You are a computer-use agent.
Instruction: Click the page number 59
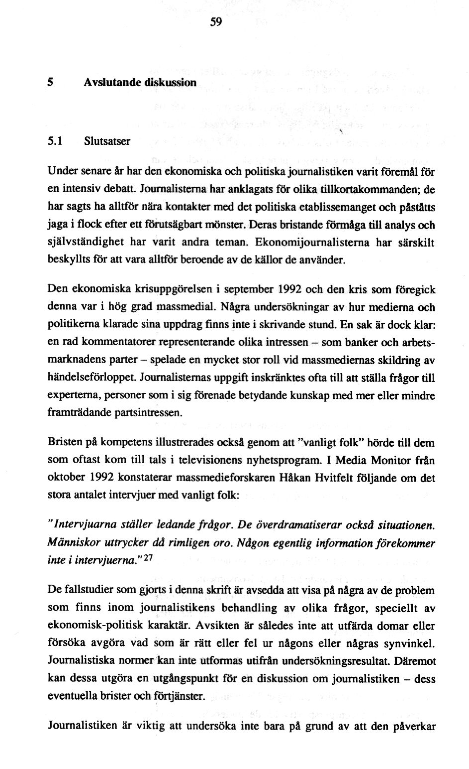coord(215,23)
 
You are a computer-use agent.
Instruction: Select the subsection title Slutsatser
coord(106,141)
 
